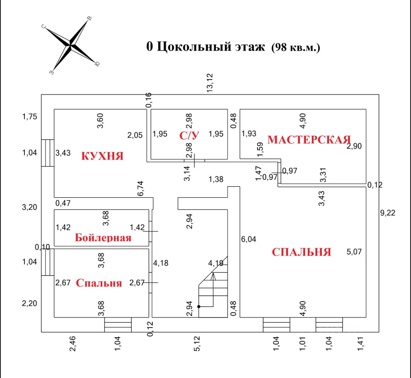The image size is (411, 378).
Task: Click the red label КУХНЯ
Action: pos(102,156)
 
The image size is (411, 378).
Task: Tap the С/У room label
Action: pos(189,136)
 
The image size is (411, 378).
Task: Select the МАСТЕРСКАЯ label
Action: pos(309,140)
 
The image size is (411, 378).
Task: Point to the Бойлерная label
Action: pos(103,238)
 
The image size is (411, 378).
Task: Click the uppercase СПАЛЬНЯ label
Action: pos(301,252)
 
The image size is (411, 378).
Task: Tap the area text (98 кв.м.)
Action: pos(296,48)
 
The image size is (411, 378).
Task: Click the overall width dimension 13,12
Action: pos(210,83)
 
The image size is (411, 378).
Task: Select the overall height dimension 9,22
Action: pos(388,213)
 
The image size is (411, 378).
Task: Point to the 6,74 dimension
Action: pos(140,189)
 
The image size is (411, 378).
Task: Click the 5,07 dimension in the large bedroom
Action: pos(354,252)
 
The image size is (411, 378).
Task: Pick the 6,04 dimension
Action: pos(249,239)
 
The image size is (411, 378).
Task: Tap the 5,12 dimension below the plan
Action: pos(197,343)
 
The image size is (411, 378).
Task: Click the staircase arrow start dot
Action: pos(199,307)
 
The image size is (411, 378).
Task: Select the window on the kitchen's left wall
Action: pos(48,153)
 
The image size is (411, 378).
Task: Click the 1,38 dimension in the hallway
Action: pos(216,179)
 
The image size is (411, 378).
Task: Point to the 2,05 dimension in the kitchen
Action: pos(135,135)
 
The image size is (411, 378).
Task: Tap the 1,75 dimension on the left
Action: pos(30,117)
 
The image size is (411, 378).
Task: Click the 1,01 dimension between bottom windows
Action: pos(302,344)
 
